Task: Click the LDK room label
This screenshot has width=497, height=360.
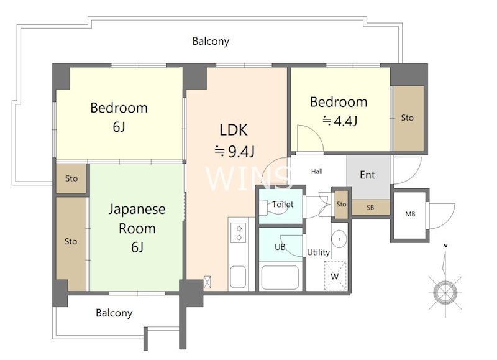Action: [234, 130]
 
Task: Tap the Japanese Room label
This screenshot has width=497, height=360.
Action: [137, 218]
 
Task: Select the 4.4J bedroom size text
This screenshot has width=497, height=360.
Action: [340, 121]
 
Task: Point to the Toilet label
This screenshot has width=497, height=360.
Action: [283, 205]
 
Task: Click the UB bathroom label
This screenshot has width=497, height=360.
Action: [280, 246]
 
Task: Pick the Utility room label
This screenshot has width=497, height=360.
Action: [318, 252]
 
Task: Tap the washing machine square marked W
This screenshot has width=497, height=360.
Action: [335, 275]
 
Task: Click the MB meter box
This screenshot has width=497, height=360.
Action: [410, 215]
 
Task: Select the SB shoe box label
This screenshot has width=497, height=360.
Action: [370, 208]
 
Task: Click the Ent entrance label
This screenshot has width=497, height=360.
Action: [367, 175]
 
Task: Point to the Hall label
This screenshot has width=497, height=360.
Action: [317, 172]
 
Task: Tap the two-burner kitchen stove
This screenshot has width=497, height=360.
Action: [239, 233]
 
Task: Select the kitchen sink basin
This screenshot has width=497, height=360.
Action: [238, 277]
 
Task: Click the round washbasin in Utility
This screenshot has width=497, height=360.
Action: [339, 239]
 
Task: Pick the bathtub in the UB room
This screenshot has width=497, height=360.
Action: [280, 277]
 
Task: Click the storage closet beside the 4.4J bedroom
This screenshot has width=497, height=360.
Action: [409, 118]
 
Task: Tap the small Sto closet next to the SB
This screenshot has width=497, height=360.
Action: [341, 205]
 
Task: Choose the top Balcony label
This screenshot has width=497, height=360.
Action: [211, 41]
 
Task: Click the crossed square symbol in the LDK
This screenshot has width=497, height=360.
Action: [207, 282]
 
